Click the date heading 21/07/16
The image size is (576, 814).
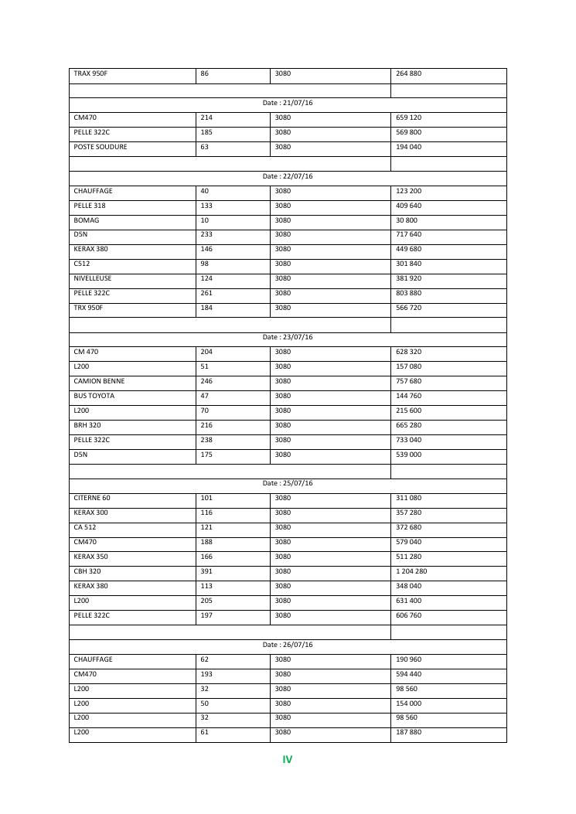point(288,104)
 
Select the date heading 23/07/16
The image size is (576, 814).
point(288,338)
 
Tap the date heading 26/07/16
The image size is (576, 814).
point(288,645)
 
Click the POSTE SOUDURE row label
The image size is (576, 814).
point(101,147)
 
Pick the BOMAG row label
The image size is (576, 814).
point(87,220)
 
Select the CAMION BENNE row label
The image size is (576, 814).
point(99,381)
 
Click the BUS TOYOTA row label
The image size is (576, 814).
point(94,396)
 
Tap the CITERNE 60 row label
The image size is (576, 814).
point(92,499)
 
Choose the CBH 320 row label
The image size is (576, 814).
point(87,571)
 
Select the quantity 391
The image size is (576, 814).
point(206,571)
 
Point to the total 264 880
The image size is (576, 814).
point(408,74)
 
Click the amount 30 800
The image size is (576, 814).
point(407,220)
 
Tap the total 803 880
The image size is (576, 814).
point(408,293)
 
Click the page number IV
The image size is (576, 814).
point(288,760)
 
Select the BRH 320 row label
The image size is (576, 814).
point(87,425)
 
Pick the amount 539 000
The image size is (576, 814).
point(408,455)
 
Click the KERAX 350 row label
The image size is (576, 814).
point(90,557)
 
